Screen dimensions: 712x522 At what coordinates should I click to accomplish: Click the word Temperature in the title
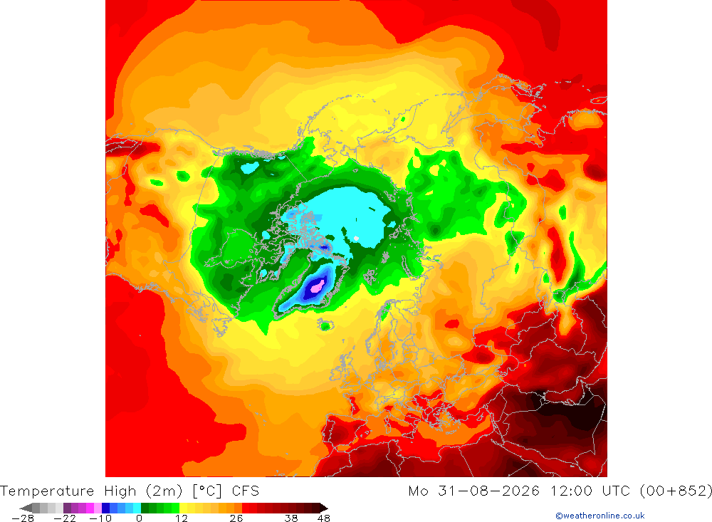[x=47, y=491]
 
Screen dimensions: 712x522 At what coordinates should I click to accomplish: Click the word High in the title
[x=120, y=491]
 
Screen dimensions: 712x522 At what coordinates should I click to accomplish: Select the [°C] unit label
[x=207, y=491]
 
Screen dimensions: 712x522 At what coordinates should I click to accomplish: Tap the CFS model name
[x=245, y=491]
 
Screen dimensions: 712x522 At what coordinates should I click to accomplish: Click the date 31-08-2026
[x=488, y=491]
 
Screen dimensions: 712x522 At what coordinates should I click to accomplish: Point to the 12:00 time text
[x=572, y=491]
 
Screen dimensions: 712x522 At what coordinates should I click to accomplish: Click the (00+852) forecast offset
[x=676, y=491]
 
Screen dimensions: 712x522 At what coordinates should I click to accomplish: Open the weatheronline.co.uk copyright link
[x=600, y=516]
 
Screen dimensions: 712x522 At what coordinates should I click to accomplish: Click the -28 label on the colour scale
[x=23, y=518]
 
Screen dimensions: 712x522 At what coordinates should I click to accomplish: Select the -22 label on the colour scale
[x=65, y=518]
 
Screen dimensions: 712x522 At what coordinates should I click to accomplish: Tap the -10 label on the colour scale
[x=100, y=518]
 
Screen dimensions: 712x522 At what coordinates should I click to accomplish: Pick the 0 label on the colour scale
[x=139, y=518]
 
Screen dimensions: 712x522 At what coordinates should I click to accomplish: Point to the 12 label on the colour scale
[x=181, y=518]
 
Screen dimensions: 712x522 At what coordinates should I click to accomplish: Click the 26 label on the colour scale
[x=236, y=518]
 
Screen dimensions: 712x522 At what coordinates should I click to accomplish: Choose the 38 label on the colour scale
[x=291, y=518]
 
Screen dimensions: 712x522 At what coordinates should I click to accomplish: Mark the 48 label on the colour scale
[x=324, y=518]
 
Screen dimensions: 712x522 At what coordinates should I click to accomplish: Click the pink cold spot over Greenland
[x=317, y=286]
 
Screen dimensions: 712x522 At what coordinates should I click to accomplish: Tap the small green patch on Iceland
[x=325, y=325]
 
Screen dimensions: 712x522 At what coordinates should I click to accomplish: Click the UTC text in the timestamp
[x=616, y=491]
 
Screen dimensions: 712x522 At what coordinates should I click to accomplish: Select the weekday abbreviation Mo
[x=418, y=491]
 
